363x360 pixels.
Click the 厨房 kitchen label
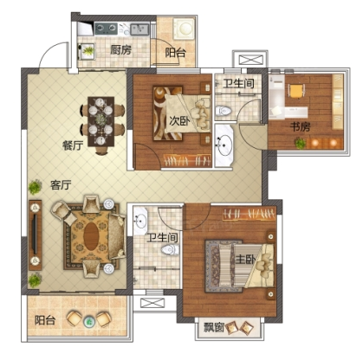point(120,50)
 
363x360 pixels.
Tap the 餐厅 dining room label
point(73,145)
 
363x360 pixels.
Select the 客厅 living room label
point(61,185)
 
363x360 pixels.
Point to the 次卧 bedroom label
point(179,121)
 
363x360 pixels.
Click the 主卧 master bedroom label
point(245,260)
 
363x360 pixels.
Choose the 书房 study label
point(300,126)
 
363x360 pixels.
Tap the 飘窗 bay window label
point(214,327)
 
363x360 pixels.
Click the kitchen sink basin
point(139,29)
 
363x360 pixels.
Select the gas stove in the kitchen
point(106,29)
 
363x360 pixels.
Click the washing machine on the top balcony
point(185,29)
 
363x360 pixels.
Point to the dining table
point(101,121)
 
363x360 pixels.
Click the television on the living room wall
point(35,234)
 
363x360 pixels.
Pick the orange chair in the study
point(296,91)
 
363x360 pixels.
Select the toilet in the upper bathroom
point(224,111)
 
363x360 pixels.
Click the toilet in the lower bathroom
point(170,249)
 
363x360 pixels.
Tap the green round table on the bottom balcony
point(89,321)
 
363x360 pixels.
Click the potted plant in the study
point(301,143)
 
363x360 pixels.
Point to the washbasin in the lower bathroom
point(140,220)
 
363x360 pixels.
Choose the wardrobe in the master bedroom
point(249,214)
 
